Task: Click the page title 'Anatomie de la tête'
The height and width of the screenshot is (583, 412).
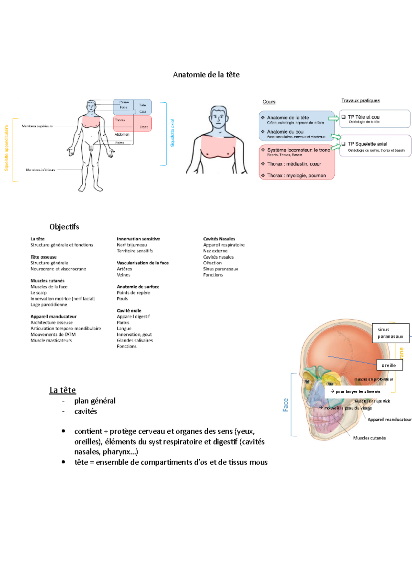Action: pyautogui.click(x=206, y=75)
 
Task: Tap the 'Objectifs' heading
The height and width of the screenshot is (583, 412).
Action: pyautogui.click(x=64, y=227)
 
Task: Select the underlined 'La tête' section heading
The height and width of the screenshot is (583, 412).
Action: pyautogui.click(x=62, y=390)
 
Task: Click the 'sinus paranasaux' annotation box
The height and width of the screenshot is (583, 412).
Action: pyautogui.click(x=390, y=333)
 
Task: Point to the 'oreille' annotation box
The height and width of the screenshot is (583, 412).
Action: pyautogui.click(x=389, y=365)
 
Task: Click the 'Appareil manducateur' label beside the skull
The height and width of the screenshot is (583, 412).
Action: pyautogui.click(x=389, y=420)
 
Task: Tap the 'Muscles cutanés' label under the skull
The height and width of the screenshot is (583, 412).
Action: pyautogui.click(x=369, y=438)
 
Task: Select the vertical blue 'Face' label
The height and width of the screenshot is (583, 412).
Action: pyautogui.click(x=286, y=405)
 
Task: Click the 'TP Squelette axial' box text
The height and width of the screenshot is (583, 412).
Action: pyautogui.click(x=367, y=144)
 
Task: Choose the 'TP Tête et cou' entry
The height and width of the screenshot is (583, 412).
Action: pyautogui.click(x=364, y=117)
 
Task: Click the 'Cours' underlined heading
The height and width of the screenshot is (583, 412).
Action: pyautogui.click(x=269, y=102)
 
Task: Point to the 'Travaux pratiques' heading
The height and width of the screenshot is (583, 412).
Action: pyautogui.click(x=360, y=101)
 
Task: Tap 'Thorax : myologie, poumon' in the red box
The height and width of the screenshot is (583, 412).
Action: pyautogui.click(x=296, y=175)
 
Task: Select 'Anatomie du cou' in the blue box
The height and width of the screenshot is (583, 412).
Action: pyautogui.click(x=285, y=132)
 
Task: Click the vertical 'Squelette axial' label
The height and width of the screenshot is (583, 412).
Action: pyautogui.click(x=172, y=133)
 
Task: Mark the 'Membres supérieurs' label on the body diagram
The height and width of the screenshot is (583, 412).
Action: pyautogui.click(x=37, y=126)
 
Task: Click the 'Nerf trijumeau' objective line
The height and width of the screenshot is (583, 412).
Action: pyautogui.click(x=132, y=245)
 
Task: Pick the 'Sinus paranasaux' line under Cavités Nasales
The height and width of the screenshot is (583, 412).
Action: pyautogui.click(x=220, y=269)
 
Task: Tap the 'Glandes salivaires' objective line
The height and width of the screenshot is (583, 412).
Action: pyautogui.click(x=135, y=340)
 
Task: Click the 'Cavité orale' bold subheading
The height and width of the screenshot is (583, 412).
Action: pyautogui.click(x=129, y=310)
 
